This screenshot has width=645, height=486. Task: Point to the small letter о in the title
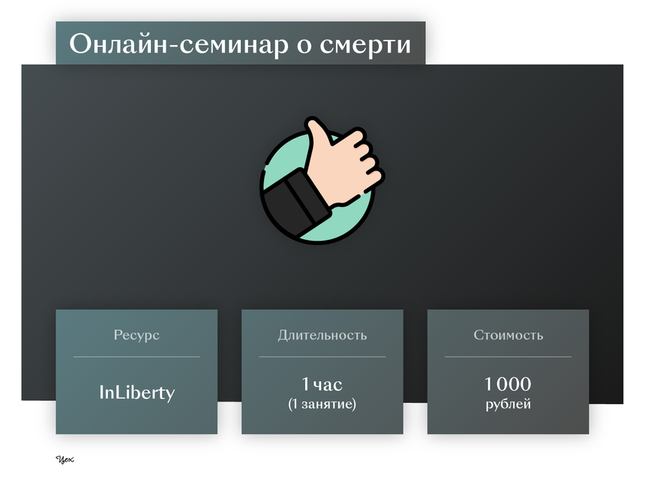tap(304, 46)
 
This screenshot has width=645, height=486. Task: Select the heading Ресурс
tap(136, 335)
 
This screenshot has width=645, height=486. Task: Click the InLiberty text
tap(137, 392)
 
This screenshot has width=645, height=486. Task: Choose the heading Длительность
tap(322, 335)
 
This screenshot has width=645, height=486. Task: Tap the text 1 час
tap(322, 384)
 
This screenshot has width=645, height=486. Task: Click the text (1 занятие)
tap(322, 403)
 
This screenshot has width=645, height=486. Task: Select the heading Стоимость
tap(508, 335)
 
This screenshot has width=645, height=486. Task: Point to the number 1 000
tap(508, 384)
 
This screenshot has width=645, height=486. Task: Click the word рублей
tap(508, 404)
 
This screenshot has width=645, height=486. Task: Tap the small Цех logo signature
tap(64, 459)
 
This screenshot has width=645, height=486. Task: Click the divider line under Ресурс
tap(136, 357)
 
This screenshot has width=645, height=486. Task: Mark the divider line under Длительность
tap(322, 357)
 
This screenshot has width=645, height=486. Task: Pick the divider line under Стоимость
tap(508, 357)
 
